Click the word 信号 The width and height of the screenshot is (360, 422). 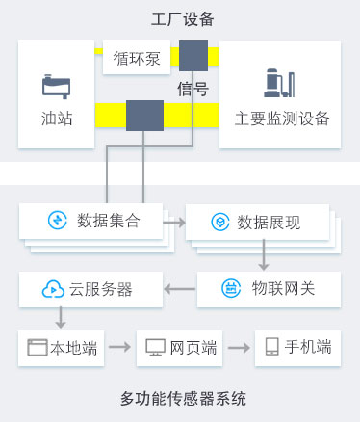[x=193, y=90]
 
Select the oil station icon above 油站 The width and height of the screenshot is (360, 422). [x=56, y=86]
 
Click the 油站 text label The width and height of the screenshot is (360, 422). [x=56, y=119]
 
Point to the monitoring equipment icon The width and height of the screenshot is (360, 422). [x=279, y=85]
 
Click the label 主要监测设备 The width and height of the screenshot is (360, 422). [x=281, y=119]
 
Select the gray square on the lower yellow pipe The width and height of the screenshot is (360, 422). [x=144, y=116]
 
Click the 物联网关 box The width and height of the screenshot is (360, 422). [x=269, y=288]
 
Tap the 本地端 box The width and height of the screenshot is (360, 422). [x=62, y=347]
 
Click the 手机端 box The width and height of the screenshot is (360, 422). [x=296, y=347]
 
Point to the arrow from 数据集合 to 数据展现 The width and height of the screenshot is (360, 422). [x=173, y=222]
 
